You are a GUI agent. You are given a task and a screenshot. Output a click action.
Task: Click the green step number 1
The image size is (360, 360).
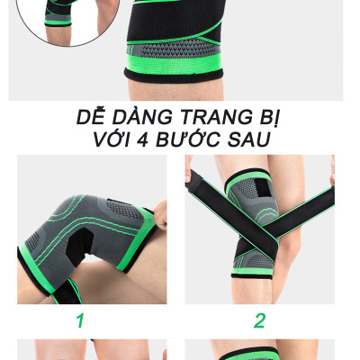coord(79,319)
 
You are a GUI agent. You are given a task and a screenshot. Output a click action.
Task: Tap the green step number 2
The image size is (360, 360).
coord(259,319)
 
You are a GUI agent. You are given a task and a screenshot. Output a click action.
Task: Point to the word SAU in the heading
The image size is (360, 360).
coord(247,140)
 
